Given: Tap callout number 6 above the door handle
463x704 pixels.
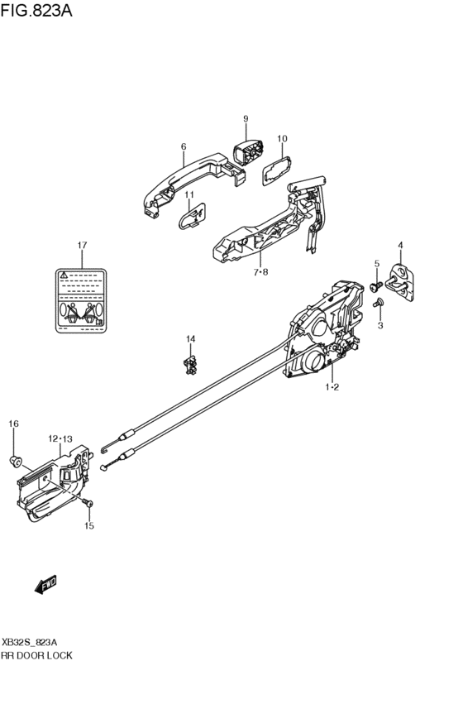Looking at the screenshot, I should coord(184,146).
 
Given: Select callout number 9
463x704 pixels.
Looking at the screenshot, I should coord(246,119).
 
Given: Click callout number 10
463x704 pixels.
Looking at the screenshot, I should coord(281,139).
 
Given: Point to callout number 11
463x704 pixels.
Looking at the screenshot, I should coord(189,194).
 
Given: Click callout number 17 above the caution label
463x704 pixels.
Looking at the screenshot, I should coord(82,246).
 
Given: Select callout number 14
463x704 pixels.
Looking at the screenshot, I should coord(190,338).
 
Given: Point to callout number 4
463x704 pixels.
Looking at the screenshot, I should coord(400,245).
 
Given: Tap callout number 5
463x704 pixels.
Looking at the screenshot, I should coord(376,264).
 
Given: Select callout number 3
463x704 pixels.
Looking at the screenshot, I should coord(381,327).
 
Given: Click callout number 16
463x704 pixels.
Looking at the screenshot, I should coord(13,424).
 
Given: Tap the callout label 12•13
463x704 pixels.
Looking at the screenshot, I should coord(60,438).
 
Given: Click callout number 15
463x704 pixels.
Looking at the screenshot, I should coord(90,524).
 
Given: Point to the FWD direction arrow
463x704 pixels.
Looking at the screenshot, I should coord(45,585).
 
